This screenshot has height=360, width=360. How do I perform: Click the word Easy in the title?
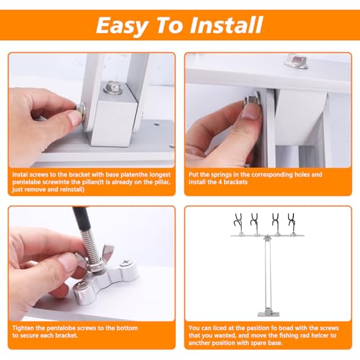coord(122,26)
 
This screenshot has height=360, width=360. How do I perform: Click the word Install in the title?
coord(226,24)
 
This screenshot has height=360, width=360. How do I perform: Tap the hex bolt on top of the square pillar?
coord(113,88)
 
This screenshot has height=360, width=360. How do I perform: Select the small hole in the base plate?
coord(156,125)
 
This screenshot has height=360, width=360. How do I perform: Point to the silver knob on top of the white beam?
coord(296,61)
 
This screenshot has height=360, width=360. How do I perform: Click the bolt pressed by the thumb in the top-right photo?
coord(252,99)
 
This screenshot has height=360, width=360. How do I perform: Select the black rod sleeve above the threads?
coord(82,218)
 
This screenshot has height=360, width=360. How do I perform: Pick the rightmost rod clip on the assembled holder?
coord(292,222)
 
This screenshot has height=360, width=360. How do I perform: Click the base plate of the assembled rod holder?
coord(269,314)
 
